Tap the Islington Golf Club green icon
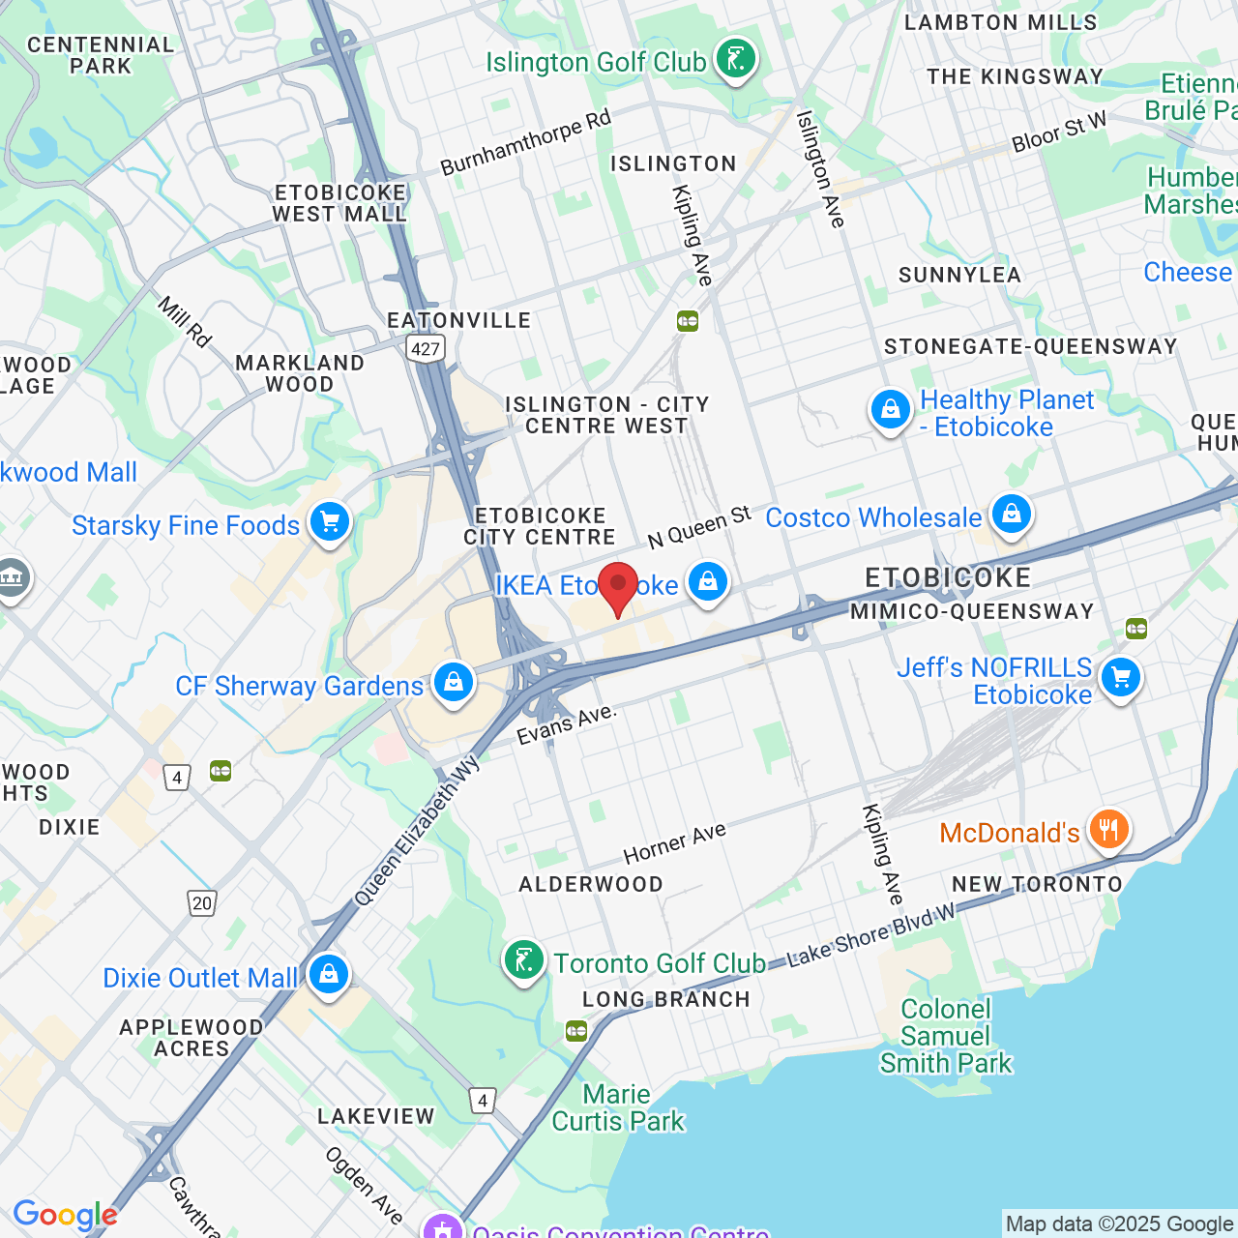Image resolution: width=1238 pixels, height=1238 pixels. tap(736, 60)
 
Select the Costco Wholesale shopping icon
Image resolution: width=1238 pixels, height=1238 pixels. tap(1012, 515)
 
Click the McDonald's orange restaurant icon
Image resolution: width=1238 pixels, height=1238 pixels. tap(1108, 830)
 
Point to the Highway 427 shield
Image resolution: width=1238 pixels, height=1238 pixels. tap(425, 349)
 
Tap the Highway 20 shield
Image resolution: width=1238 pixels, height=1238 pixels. tap(201, 903)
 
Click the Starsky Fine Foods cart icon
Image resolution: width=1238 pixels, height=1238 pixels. tap(330, 523)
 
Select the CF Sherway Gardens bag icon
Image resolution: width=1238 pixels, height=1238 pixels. tap(453, 683)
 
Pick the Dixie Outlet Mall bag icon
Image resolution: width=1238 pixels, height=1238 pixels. tap(329, 975)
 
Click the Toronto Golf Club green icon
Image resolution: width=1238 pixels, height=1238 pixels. tap(523, 961)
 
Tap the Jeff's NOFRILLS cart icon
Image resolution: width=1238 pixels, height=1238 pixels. tap(1121, 678)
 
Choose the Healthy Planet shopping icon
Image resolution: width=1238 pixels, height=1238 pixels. tap(890, 411)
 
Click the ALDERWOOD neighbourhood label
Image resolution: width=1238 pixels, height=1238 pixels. tap(591, 884)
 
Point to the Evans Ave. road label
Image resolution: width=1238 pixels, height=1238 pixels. tap(566, 724)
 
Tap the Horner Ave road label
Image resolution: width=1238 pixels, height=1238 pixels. tap(674, 844)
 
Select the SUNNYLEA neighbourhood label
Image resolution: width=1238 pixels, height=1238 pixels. tap(959, 276)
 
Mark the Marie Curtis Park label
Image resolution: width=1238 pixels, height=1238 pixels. tap(618, 1107)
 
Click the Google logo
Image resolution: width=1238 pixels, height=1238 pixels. tap(65, 1215)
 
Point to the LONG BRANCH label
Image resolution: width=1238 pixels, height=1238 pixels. tap(666, 999)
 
